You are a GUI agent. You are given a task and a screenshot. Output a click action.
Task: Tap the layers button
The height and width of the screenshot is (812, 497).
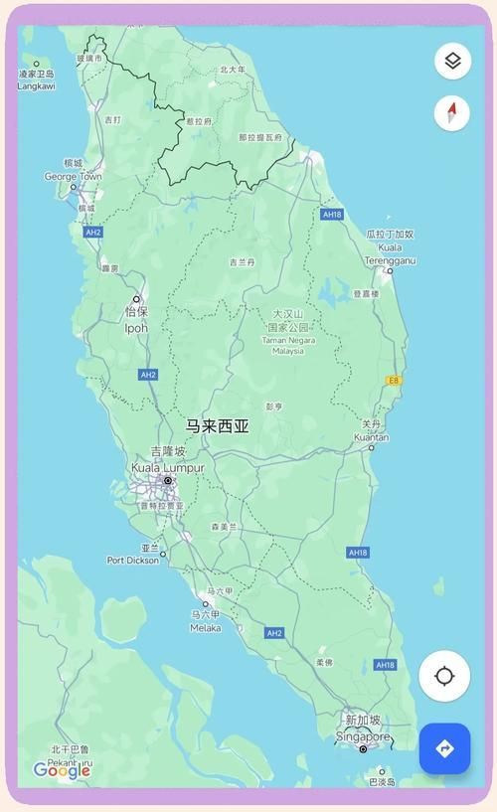[x=452, y=62]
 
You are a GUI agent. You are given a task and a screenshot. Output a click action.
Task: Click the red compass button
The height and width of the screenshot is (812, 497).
[x=452, y=112]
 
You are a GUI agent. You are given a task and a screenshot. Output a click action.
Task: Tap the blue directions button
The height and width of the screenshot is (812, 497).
[x=444, y=748]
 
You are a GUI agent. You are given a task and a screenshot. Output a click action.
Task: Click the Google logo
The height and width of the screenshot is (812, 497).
[x=62, y=770]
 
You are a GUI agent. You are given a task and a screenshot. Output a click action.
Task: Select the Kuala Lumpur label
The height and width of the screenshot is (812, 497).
[x=168, y=468]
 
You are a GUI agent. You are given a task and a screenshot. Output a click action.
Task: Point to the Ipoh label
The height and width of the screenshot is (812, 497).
[x=136, y=328]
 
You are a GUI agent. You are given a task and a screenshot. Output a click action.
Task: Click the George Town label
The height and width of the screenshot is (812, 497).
[x=73, y=177]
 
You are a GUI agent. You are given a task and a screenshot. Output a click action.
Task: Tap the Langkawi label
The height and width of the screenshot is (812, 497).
[x=37, y=86]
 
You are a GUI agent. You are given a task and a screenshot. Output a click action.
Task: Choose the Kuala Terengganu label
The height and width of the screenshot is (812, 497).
[x=390, y=253]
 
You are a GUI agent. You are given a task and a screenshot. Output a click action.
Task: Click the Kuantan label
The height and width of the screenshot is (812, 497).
[x=371, y=437]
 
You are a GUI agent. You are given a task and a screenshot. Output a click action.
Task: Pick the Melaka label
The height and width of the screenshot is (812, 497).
[x=206, y=628]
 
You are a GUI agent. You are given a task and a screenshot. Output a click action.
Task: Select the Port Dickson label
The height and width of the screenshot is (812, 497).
[x=132, y=561]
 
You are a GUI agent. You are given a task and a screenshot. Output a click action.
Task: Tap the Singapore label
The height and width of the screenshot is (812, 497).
[x=363, y=736]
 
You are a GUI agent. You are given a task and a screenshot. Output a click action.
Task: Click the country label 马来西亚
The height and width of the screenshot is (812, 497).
[x=218, y=426]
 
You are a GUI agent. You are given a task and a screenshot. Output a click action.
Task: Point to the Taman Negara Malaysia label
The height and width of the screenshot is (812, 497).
[x=287, y=344]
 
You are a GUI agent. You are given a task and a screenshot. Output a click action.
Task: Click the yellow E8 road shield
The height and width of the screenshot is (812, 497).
[x=394, y=380]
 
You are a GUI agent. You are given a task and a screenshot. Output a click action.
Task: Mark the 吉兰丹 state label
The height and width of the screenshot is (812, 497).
[x=242, y=262]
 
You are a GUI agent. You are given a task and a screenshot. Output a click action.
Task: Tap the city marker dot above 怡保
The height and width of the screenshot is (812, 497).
[x=136, y=298]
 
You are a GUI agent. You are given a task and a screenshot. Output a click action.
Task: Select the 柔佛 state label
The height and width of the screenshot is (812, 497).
[x=324, y=662]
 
